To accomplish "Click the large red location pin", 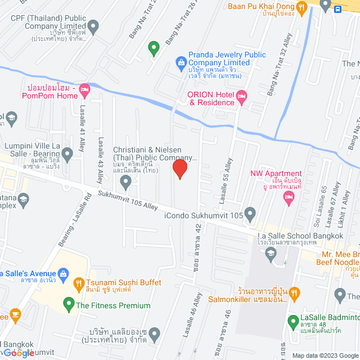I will click(179, 168).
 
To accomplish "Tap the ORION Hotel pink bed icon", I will click(241, 97).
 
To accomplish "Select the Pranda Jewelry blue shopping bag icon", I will click(181, 61).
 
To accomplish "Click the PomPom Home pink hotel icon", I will click(85, 89).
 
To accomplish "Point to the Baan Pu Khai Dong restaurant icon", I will click(301, 7).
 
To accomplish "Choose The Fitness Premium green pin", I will click(69, 305).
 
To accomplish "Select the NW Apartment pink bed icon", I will click(289, 196).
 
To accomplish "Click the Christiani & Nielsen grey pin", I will click(126, 181).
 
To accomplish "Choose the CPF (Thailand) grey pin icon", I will click(93, 26).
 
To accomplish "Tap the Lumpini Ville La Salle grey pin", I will click(67, 152).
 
